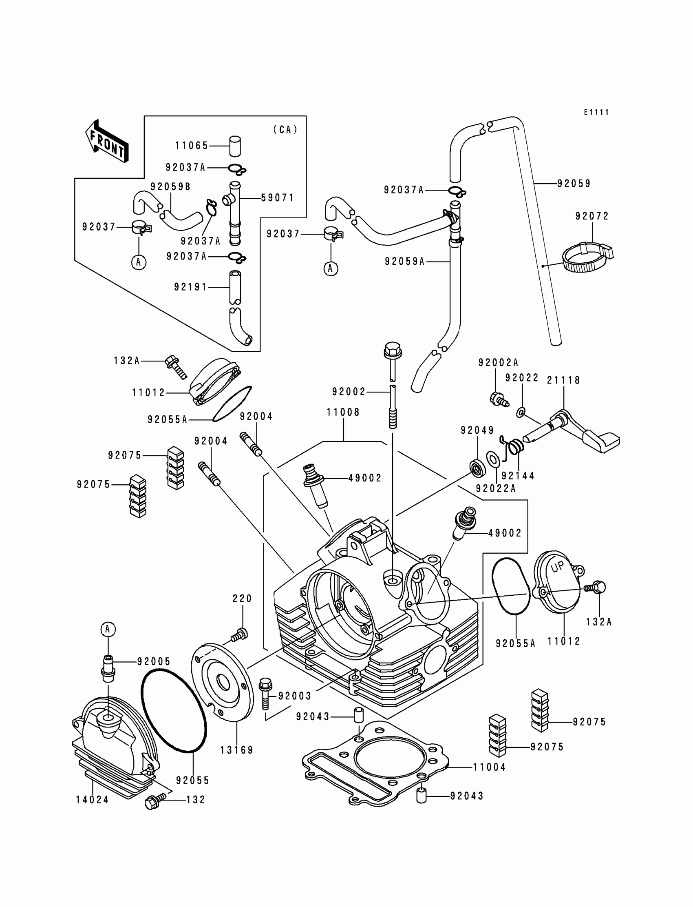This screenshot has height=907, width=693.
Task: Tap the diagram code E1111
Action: click(x=596, y=112)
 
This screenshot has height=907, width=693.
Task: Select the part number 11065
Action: click(x=192, y=145)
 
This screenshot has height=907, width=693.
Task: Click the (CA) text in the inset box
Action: click(x=285, y=130)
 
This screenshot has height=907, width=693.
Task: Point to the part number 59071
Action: click(x=278, y=198)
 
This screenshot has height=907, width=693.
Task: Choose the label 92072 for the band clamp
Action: click(x=592, y=216)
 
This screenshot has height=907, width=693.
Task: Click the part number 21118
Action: click(x=563, y=380)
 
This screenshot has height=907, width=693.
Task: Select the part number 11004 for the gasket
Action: click(x=489, y=767)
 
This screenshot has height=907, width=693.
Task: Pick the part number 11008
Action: click(x=343, y=412)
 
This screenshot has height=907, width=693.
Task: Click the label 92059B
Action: click(x=170, y=186)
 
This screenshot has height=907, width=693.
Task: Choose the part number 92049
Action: click(x=477, y=430)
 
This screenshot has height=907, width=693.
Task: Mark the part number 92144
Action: click(x=518, y=476)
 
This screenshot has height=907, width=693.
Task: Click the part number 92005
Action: click(x=154, y=661)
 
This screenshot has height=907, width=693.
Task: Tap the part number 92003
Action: click(x=294, y=696)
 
